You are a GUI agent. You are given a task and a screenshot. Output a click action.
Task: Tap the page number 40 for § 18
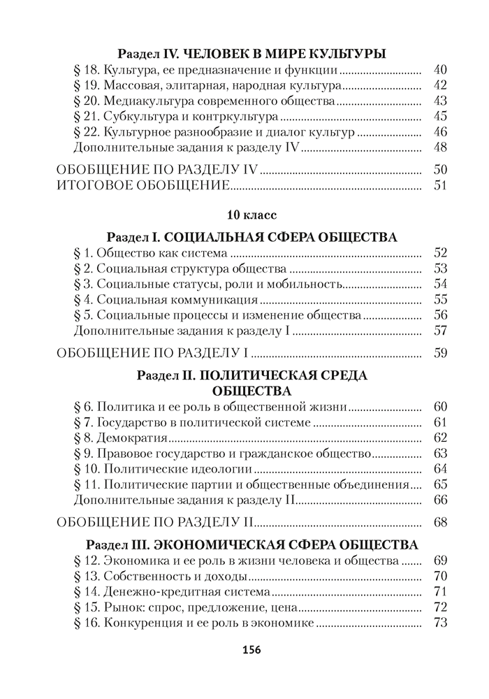point(439,70)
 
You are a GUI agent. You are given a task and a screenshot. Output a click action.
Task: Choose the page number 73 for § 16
point(439,623)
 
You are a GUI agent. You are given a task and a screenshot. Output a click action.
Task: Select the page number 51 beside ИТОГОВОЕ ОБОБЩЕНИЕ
point(439,185)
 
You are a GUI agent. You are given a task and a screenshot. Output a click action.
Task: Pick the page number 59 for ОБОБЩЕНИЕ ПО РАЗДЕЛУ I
point(439,353)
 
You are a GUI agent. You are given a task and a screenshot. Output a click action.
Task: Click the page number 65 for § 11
point(439,484)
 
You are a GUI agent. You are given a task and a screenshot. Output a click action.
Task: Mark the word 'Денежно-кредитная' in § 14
point(151,592)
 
